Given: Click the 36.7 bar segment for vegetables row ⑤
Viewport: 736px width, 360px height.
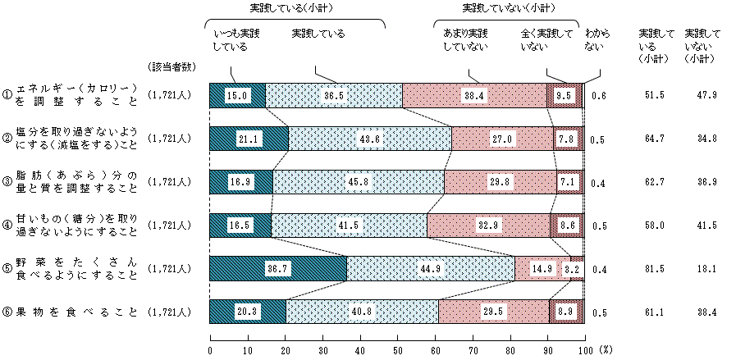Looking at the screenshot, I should click(x=278, y=268).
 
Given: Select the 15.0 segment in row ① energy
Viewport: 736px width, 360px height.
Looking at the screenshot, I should click(x=237, y=95).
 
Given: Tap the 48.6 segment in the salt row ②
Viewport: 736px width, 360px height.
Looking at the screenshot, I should click(x=370, y=139).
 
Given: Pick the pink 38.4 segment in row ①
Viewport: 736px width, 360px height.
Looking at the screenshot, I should click(x=474, y=95).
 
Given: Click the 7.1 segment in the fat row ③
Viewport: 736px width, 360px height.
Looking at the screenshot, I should click(x=569, y=181).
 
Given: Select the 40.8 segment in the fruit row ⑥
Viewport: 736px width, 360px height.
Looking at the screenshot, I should click(x=362, y=312).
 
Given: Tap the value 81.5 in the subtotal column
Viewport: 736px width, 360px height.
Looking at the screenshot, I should click(x=655, y=268).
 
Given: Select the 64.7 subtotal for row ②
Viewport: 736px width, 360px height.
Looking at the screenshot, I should click(x=655, y=139).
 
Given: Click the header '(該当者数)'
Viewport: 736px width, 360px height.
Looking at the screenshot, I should click(x=170, y=66).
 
